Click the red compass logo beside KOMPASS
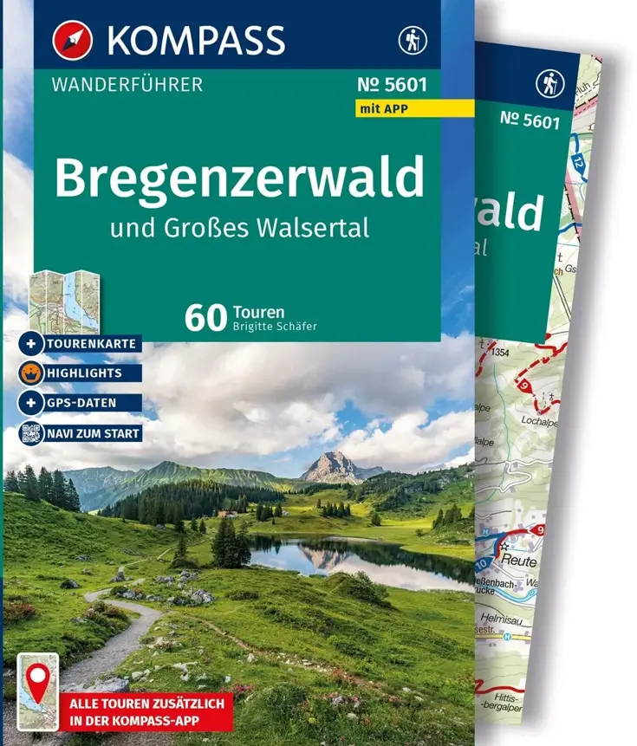[73, 41]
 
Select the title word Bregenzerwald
[239, 177]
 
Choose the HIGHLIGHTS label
[84, 373]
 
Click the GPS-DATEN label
[82, 403]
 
